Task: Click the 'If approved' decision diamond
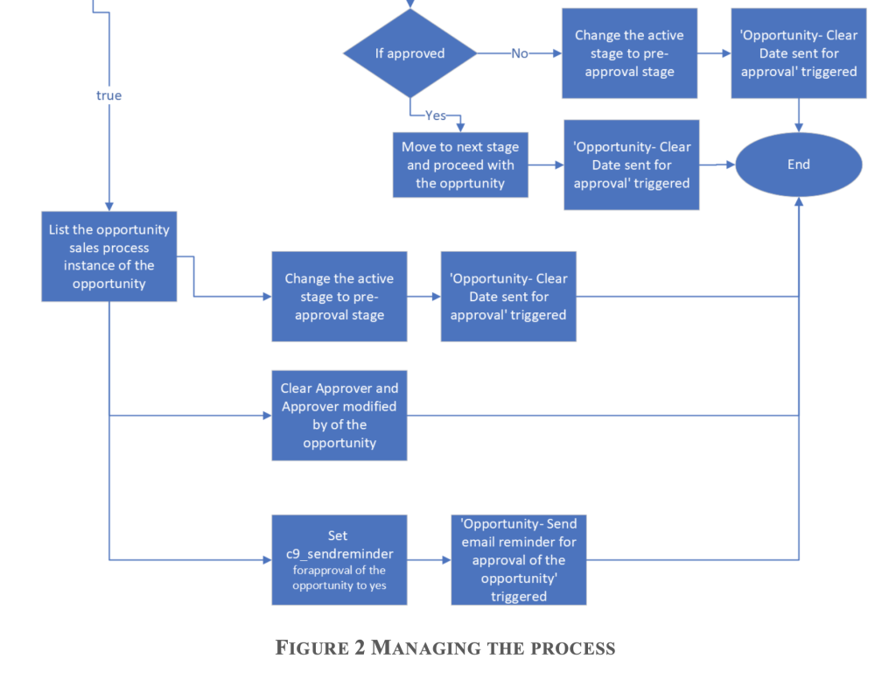409,53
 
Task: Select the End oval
798,165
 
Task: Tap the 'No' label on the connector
520,53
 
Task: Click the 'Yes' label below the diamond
435,116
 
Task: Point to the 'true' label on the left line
108,95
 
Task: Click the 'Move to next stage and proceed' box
461,165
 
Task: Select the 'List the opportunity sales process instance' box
108,256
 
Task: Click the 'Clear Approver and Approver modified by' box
339,415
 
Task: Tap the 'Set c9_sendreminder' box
339,559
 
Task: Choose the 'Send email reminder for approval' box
518,559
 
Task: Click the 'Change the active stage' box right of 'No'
629,53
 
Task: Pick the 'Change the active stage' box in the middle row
339,296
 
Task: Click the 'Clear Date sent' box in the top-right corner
798,53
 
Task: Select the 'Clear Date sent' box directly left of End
631,165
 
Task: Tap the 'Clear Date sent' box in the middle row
507,296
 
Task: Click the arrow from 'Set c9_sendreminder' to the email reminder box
429,559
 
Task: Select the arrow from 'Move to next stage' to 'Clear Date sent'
546,165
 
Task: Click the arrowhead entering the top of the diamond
409,5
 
